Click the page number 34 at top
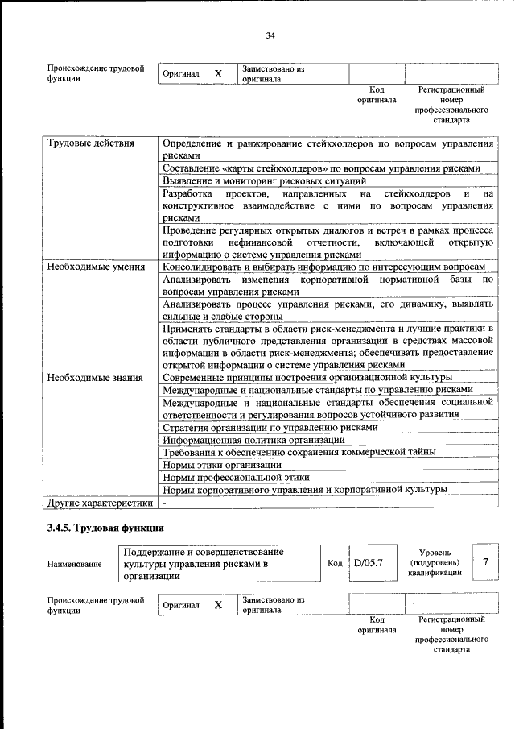point(270,35)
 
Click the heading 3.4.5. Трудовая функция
point(105,528)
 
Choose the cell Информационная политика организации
point(253,440)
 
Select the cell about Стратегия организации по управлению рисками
point(270,427)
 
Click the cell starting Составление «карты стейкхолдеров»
point(321,168)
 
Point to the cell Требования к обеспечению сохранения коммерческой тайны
point(299,452)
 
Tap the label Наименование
point(74,565)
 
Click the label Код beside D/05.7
point(336,563)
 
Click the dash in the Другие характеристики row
point(164,502)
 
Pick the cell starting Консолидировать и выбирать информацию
point(323,267)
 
